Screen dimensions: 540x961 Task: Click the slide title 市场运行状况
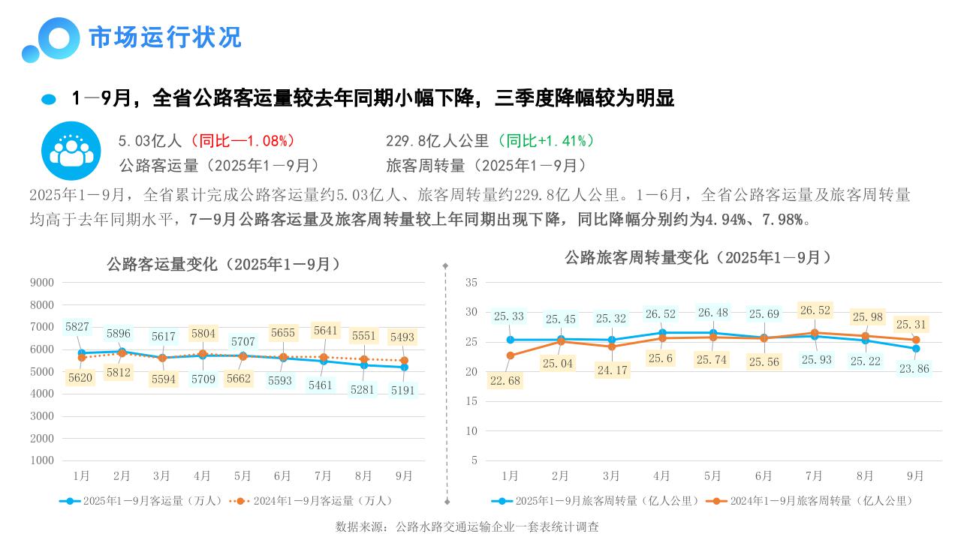165,37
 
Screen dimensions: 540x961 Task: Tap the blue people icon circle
71,151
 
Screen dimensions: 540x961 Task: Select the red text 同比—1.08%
243,141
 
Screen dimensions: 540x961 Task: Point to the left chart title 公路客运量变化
223,265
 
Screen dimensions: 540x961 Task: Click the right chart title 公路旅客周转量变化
698,258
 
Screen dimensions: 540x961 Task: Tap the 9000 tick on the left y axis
42,283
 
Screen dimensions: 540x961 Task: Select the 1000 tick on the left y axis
42,460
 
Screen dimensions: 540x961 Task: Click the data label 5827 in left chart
77,327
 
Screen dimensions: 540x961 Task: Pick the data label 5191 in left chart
403,391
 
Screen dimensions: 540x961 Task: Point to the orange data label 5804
203,334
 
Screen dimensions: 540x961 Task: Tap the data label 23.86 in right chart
914,369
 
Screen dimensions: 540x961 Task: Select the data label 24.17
611,370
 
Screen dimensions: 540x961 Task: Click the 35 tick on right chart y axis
471,283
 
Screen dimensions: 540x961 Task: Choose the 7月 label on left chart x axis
323,476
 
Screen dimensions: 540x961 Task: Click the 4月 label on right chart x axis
661,476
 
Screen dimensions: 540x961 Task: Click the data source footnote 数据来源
467,527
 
